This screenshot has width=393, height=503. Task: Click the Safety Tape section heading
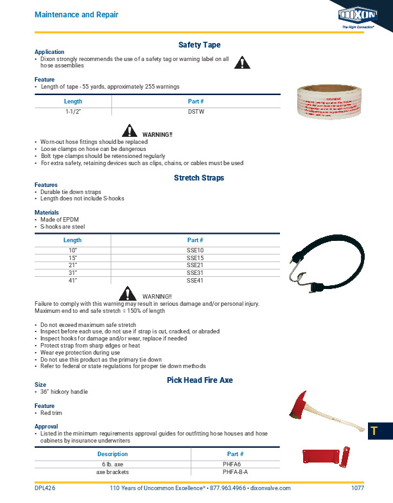pos(199,45)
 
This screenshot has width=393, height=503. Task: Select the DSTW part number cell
pos(195,111)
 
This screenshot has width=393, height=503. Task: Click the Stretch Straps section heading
pos(199,177)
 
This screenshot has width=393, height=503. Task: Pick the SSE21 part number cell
pos(195,265)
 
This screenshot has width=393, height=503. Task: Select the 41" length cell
pos(73,280)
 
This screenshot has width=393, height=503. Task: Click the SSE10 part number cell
pos(195,249)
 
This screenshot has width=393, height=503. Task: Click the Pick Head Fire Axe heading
pos(200,380)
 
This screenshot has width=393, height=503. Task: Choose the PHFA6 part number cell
pos(236,463)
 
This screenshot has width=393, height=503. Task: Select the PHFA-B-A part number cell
pos(236,471)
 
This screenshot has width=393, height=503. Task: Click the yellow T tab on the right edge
pos(372,431)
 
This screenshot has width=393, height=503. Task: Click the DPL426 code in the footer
pos(45,488)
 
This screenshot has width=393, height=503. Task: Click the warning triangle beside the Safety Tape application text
pos(241,62)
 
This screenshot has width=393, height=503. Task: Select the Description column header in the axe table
pos(112,454)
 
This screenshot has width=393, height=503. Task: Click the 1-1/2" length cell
pos(73,111)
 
